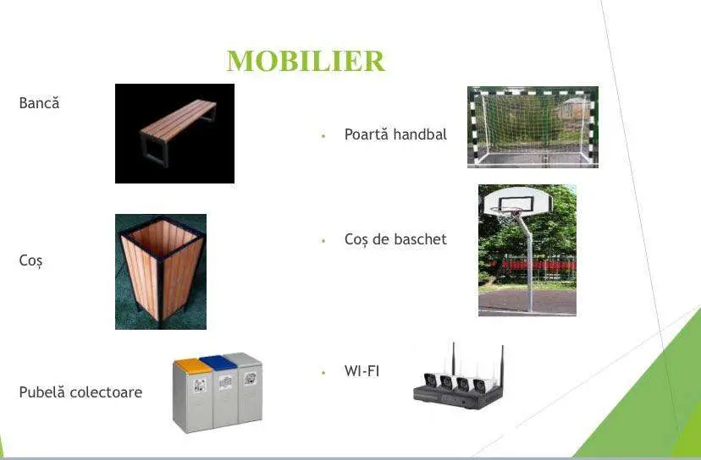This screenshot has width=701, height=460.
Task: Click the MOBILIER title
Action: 306,61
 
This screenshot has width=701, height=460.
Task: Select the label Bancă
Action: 39,102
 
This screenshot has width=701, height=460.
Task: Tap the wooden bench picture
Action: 174,134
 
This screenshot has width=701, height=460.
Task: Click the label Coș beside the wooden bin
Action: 30,260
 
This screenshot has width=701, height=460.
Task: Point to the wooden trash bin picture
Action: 161,271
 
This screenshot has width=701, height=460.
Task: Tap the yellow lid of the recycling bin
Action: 193,365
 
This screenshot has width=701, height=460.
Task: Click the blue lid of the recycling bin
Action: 218,362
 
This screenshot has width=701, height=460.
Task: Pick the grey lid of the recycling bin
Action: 242,359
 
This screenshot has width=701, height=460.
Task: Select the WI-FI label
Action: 362,370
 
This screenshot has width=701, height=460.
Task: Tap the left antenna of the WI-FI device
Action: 453,359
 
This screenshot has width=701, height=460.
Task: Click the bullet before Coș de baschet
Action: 323,241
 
